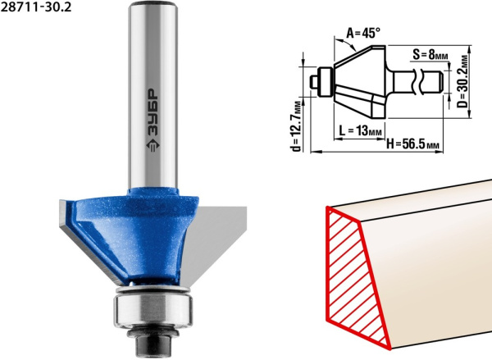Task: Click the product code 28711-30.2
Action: point(36,7)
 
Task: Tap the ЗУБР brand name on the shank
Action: point(153,112)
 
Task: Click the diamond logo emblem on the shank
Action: point(153,144)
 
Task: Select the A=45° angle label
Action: point(363,33)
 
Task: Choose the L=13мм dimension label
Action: point(361,130)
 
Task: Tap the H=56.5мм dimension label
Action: point(412,144)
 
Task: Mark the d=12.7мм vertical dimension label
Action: point(296,125)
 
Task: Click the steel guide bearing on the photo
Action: point(153,308)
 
